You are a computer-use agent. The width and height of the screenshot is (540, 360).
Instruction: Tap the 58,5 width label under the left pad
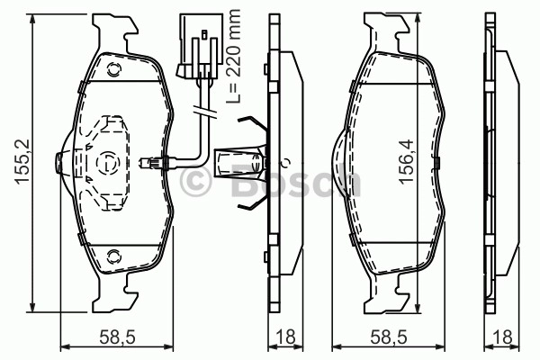coord(117,337)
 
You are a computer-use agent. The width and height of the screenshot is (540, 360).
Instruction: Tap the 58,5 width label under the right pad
coord(389,337)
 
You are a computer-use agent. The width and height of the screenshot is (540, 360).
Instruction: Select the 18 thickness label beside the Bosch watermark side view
coord(286,337)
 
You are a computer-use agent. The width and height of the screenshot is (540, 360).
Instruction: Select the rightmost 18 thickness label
coord(502,337)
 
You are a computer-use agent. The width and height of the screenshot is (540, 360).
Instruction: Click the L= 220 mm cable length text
coord(233,57)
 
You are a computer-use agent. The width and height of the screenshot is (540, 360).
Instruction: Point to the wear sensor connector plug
coord(200,46)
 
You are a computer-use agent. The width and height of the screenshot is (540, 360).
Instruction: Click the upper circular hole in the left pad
coord(113,70)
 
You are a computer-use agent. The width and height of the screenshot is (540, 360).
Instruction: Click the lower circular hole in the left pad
coord(113,256)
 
